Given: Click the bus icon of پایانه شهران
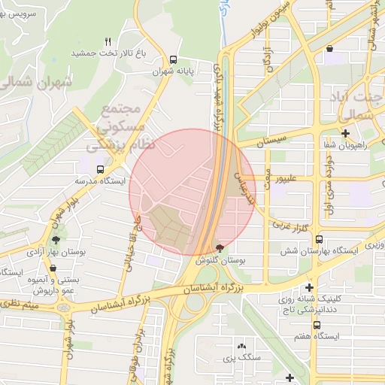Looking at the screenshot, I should click(x=174, y=59).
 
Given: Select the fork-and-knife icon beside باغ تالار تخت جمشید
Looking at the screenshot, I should click(x=108, y=42).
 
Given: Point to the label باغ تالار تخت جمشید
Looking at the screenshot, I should click(x=107, y=54).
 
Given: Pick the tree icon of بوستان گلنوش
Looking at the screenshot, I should click(x=220, y=248).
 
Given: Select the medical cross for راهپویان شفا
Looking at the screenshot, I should click(x=344, y=134).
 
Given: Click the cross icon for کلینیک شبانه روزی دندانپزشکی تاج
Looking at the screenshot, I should click(x=309, y=288).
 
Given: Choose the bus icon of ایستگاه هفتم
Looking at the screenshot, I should click(x=317, y=325).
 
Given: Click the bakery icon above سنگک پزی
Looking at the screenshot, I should click(x=241, y=346).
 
